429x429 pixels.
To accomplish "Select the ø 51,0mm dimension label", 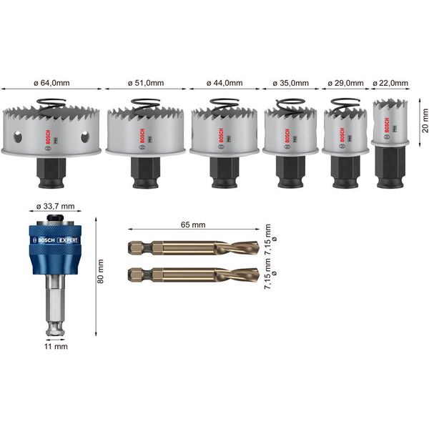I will pos(147,84).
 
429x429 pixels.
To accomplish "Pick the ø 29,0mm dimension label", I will pos(345,84).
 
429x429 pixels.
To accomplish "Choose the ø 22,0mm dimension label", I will pos(390,84).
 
